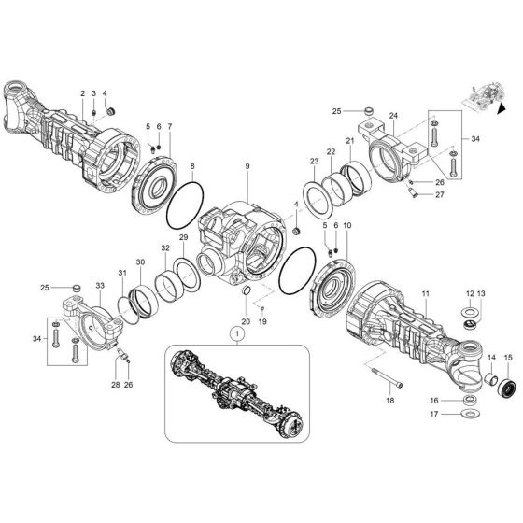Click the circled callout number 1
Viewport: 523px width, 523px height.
tap(237, 332)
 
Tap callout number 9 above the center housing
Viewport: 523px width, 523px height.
tap(247, 166)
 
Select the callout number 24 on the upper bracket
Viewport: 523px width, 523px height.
tap(393, 117)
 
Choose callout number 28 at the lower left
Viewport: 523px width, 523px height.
tap(114, 385)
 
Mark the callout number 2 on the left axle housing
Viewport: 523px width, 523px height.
tap(82, 93)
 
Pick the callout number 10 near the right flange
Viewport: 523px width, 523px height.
tap(347, 226)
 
